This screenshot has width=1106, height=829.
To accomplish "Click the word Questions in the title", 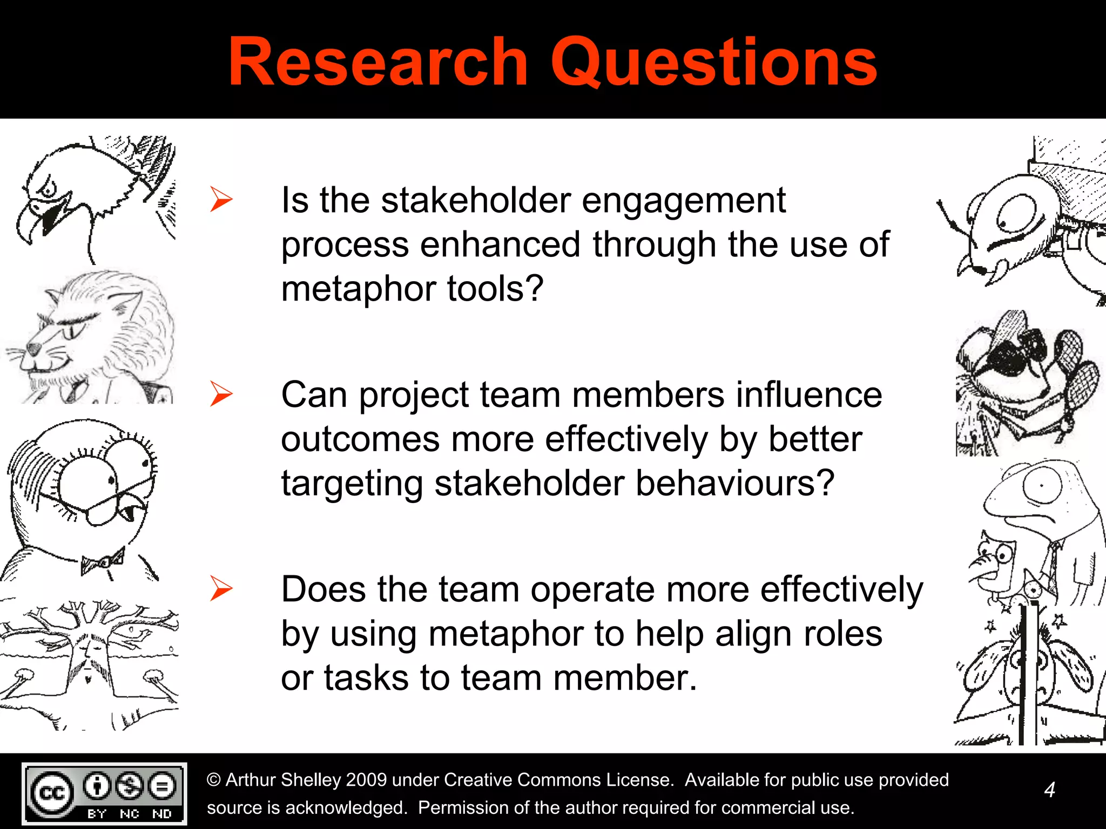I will click(713, 63).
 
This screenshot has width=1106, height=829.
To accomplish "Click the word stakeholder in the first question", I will click(476, 200).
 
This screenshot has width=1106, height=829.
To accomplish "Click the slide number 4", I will click(1049, 790).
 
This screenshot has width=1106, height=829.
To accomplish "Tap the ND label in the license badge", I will click(161, 813).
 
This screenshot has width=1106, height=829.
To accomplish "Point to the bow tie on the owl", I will click(103, 561).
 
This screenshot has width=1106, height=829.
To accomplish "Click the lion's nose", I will click(34, 349).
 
